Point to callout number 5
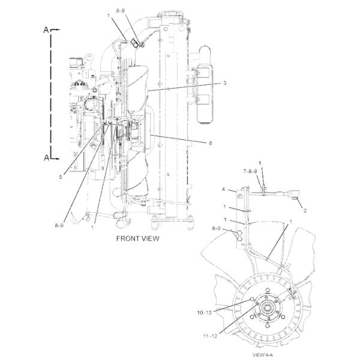click(61, 177)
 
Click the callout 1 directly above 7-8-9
click(260, 163)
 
